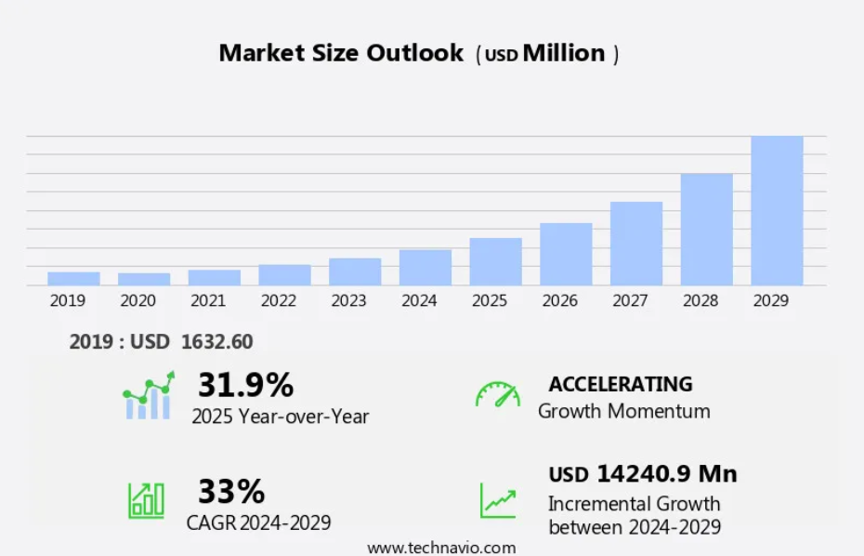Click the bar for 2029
(777, 211)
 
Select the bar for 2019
(73, 279)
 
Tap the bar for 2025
(495, 261)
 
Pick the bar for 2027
(636, 244)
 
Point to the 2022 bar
(284, 275)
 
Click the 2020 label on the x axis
(137, 300)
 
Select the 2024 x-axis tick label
(419, 300)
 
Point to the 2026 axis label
(559, 300)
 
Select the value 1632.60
(217, 342)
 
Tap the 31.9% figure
(245, 384)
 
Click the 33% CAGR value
(231, 490)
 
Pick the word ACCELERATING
(621, 384)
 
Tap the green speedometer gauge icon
(498, 394)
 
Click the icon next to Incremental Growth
(498, 500)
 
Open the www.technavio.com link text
(441, 548)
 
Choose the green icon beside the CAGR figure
(146, 500)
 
